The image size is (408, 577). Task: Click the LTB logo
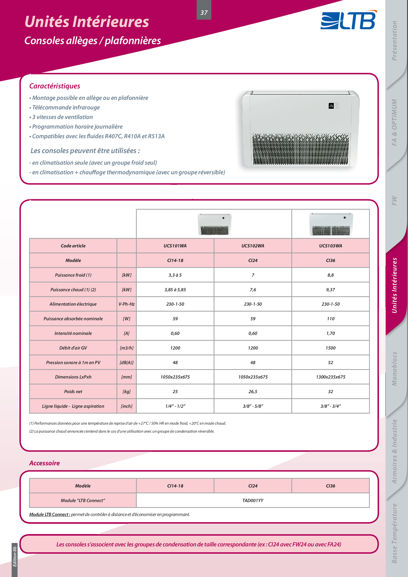click(348, 20)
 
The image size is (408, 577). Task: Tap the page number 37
click(204, 12)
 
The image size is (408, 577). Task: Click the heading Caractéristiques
click(55, 86)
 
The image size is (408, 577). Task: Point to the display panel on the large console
click(334, 106)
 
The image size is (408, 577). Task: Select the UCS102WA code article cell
click(253, 246)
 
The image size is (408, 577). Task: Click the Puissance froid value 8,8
click(330, 275)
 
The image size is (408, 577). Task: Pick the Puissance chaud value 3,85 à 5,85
click(175, 289)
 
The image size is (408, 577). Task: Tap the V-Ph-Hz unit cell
click(127, 304)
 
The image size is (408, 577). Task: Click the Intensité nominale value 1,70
click(330, 333)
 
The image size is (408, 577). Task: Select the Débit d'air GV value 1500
click(330, 348)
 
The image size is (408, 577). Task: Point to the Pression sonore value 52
click(330, 362)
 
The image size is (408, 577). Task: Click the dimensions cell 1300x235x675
click(330, 377)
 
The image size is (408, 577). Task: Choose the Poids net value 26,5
click(253, 392)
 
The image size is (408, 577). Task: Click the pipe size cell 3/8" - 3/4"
click(330, 406)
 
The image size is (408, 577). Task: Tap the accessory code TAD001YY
click(253, 500)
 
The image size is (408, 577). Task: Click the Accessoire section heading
click(45, 463)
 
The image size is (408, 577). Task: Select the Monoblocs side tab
click(394, 369)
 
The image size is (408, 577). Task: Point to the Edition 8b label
click(15, 556)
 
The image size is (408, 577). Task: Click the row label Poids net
click(73, 392)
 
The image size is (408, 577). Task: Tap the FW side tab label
click(394, 201)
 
